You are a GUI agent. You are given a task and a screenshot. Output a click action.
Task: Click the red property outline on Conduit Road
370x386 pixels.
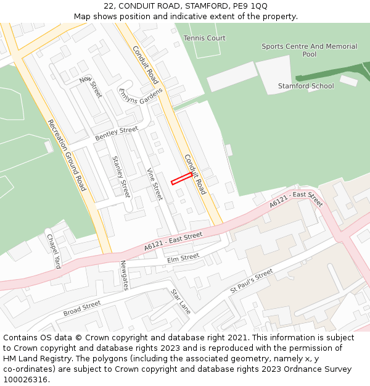[181, 178]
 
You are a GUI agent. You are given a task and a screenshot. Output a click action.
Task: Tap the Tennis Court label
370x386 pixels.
[205, 38]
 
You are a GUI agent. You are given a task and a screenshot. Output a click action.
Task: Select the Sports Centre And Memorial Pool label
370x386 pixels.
[309, 50]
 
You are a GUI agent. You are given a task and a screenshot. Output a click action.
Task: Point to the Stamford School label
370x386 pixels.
[306, 86]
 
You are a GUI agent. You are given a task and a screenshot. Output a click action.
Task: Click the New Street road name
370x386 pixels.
[91, 87]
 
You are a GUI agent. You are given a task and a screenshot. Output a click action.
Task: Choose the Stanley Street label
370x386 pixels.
[121, 177]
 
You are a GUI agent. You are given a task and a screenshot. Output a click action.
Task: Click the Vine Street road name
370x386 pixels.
[155, 184]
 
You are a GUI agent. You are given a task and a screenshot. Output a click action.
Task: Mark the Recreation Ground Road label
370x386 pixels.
[67, 154]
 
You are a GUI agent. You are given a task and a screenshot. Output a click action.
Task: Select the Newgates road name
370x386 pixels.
[125, 275]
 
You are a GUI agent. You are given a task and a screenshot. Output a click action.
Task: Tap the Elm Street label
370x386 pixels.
[183, 258]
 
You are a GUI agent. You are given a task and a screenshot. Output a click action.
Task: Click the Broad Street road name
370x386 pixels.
[82, 308]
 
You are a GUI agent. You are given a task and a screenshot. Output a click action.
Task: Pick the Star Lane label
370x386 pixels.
[181, 302]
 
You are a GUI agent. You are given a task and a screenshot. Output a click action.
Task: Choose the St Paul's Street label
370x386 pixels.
[252, 281]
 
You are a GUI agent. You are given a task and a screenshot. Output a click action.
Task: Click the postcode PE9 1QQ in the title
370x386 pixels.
[251, 6]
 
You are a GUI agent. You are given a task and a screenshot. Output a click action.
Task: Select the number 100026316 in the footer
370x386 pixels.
[25, 379]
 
